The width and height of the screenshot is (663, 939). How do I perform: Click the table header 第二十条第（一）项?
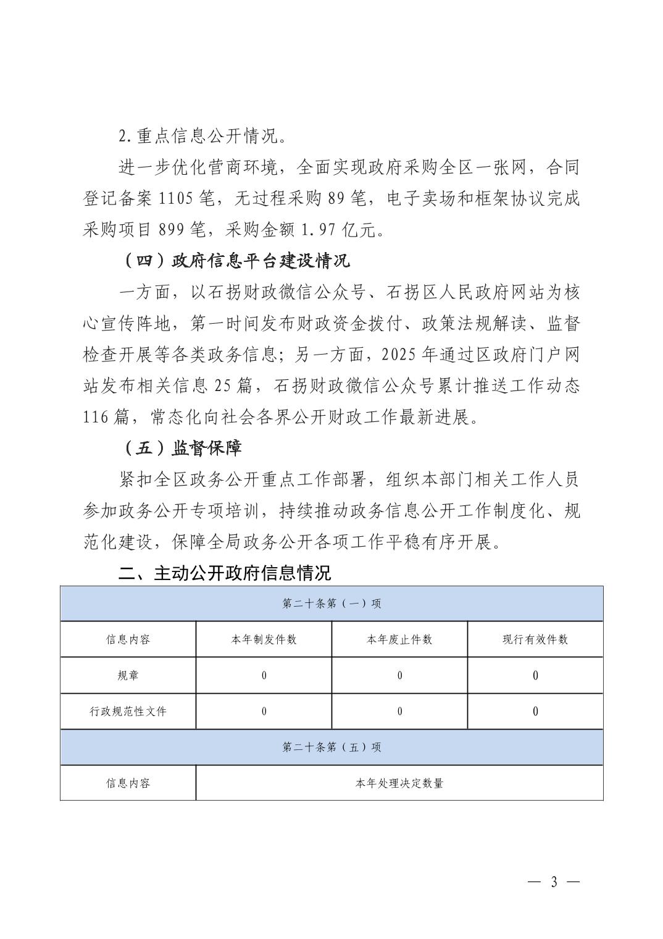click(331, 604)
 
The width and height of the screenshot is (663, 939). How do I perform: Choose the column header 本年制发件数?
click(264, 639)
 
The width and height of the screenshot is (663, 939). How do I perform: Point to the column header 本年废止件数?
click(399, 639)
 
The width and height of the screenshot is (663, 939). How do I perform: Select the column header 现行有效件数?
click(535, 639)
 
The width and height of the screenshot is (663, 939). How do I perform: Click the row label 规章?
click(128, 675)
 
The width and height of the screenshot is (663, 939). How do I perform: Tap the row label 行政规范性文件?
click(128, 711)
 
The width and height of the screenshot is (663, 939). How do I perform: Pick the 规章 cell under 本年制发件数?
click(264, 675)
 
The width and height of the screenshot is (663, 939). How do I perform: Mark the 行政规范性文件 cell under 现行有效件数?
click(535, 711)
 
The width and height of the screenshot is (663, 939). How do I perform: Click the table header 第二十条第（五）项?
click(331, 747)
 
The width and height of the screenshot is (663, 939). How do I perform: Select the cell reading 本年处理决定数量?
click(399, 783)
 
